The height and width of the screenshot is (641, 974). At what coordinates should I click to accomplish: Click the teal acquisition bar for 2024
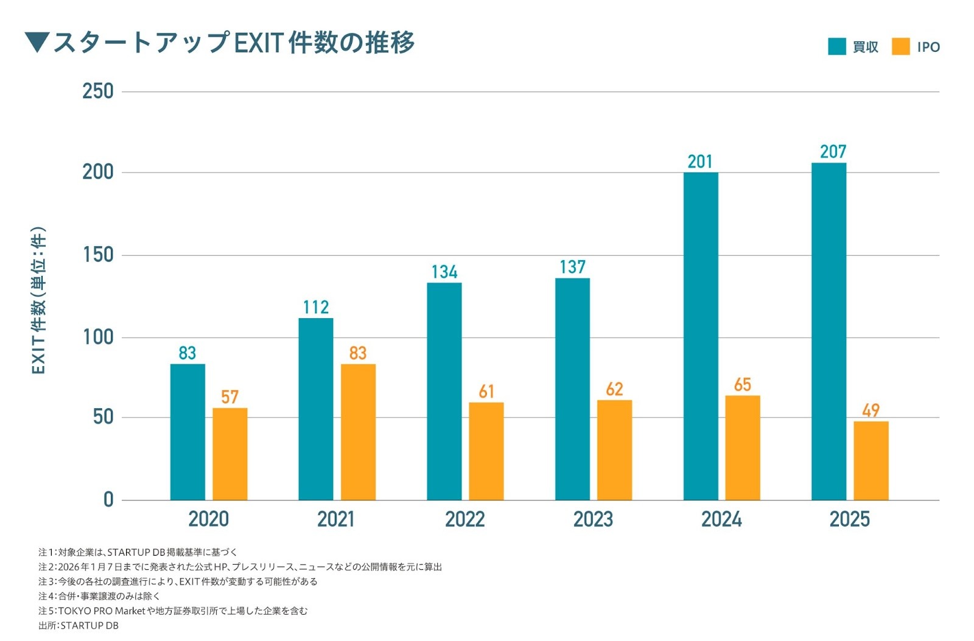[x=700, y=336]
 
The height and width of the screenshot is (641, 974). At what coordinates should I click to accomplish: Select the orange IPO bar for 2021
[x=358, y=432]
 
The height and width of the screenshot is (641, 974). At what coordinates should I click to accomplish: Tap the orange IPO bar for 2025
[x=871, y=461]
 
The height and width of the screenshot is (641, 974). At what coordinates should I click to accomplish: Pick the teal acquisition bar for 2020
[x=187, y=432]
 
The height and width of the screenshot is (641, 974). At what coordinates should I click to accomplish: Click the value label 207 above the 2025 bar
[x=833, y=151]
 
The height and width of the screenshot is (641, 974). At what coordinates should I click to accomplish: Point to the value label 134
[x=444, y=272]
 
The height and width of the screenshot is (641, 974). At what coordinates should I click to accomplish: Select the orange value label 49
[x=871, y=410]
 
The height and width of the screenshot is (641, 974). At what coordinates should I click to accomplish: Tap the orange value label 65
[x=742, y=384]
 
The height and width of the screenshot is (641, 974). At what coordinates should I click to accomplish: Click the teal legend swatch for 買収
[x=837, y=47]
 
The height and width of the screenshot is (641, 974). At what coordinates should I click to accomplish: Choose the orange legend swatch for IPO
[x=900, y=47]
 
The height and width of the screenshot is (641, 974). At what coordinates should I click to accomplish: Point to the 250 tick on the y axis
[x=98, y=91]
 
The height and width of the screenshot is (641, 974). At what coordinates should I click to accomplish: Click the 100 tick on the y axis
[x=98, y=337]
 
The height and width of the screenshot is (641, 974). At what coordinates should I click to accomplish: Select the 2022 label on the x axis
[x=464, y=519]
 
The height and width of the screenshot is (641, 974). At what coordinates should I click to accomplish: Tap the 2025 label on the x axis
[x=849, y=519]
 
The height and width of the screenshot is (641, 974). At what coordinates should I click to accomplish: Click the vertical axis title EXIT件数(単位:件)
[x=38, y=300]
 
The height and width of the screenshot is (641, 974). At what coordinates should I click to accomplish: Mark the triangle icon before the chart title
[x=37, y=43]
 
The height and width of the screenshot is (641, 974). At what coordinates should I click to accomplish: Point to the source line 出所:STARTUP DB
[x=79, y=626]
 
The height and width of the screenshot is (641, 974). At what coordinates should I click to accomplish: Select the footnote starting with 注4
[x=99, y=597]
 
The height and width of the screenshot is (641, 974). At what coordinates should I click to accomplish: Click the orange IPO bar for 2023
[x=614, y=450]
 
